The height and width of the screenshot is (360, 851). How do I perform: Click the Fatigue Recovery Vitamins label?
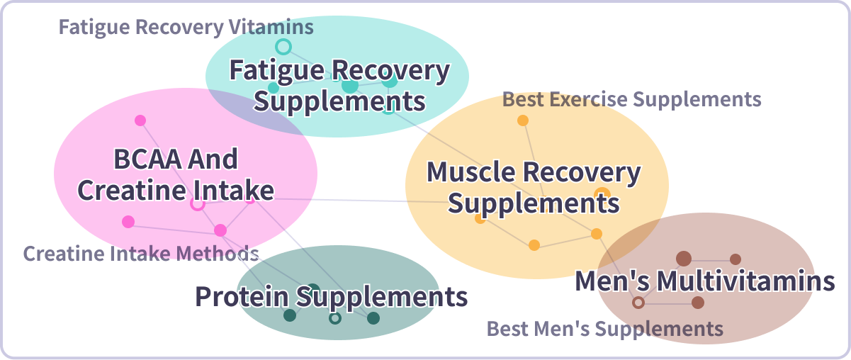click(186, 28)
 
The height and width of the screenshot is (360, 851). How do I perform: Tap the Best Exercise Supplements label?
click(631, 99)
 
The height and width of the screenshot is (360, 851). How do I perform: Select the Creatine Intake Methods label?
click(141, 253)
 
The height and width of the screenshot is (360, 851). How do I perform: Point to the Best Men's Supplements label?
click(604, 329)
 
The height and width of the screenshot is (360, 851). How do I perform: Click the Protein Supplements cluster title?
click(331, 297)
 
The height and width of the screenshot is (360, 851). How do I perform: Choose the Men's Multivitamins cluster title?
click(704, 281)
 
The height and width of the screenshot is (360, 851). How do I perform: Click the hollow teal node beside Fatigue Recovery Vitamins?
click(283, 47)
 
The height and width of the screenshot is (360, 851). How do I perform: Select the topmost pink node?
click(140, 120)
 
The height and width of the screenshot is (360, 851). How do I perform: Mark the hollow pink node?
click(198, 204)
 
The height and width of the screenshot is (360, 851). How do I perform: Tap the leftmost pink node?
click(128, 222)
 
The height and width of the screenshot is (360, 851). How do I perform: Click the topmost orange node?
click(523, 120)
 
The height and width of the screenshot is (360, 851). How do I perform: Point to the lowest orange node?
click(534, 245)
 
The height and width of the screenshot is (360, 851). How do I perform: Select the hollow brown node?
click(638, 303)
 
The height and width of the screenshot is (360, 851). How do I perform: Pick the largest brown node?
click(684, 259)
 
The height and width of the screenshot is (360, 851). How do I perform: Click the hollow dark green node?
click(335, 318)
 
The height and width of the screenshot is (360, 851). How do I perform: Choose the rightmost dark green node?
click(373, 318)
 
